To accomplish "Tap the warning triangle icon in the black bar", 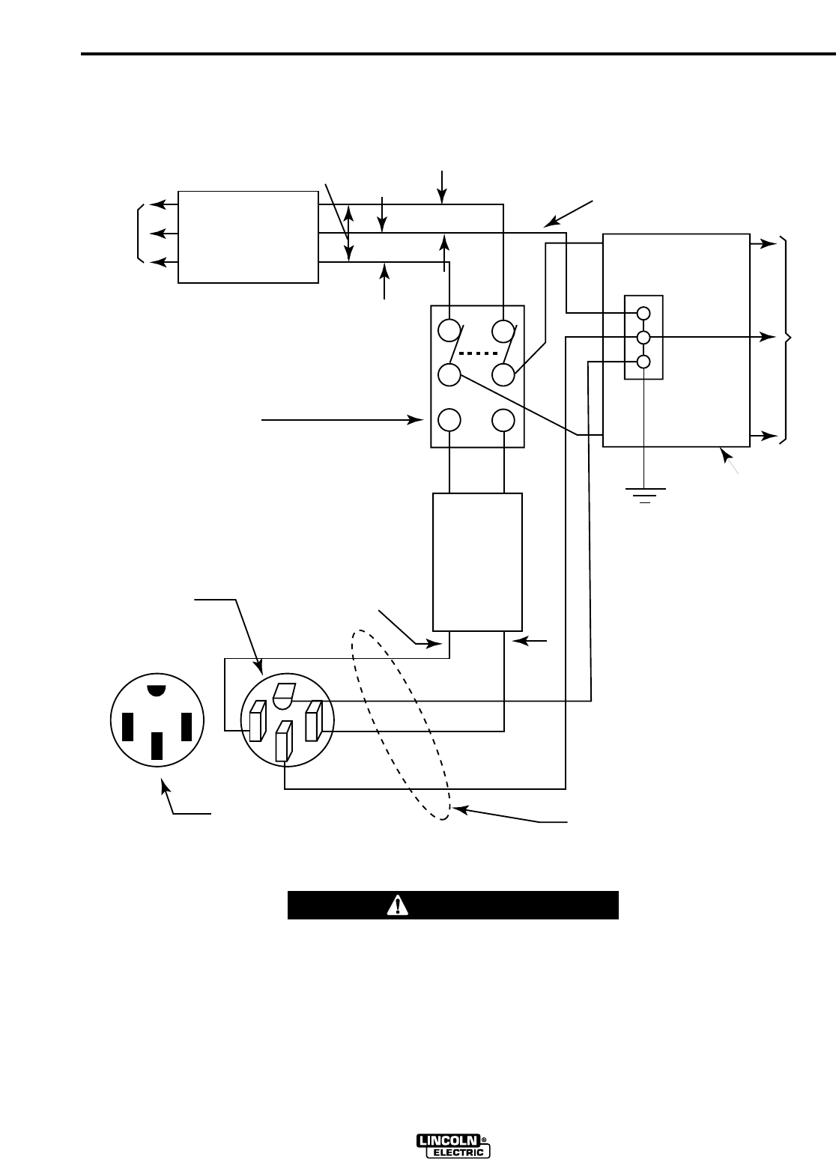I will pyautogui.click(x=396, y=905).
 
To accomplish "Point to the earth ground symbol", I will pyautogui.click(x=643, y=494).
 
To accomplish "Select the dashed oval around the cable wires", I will pyautogui.click(x=402, y=724).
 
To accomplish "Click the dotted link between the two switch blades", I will pyautogui.click(x=477, y=353).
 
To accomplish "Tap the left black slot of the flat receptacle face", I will pyautogui.click(x=127, y=725).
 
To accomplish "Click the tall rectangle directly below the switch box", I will pyautogui.click(x=477, y=562).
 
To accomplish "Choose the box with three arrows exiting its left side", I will pyautogui.click(x=248, y=237).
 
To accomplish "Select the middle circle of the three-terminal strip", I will pyautogui.click(x=643, y=337).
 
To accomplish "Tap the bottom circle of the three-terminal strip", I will pyautogui.click(x=643, y=362).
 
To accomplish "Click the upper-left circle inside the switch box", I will pyautogui.click(x=449, y=330).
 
